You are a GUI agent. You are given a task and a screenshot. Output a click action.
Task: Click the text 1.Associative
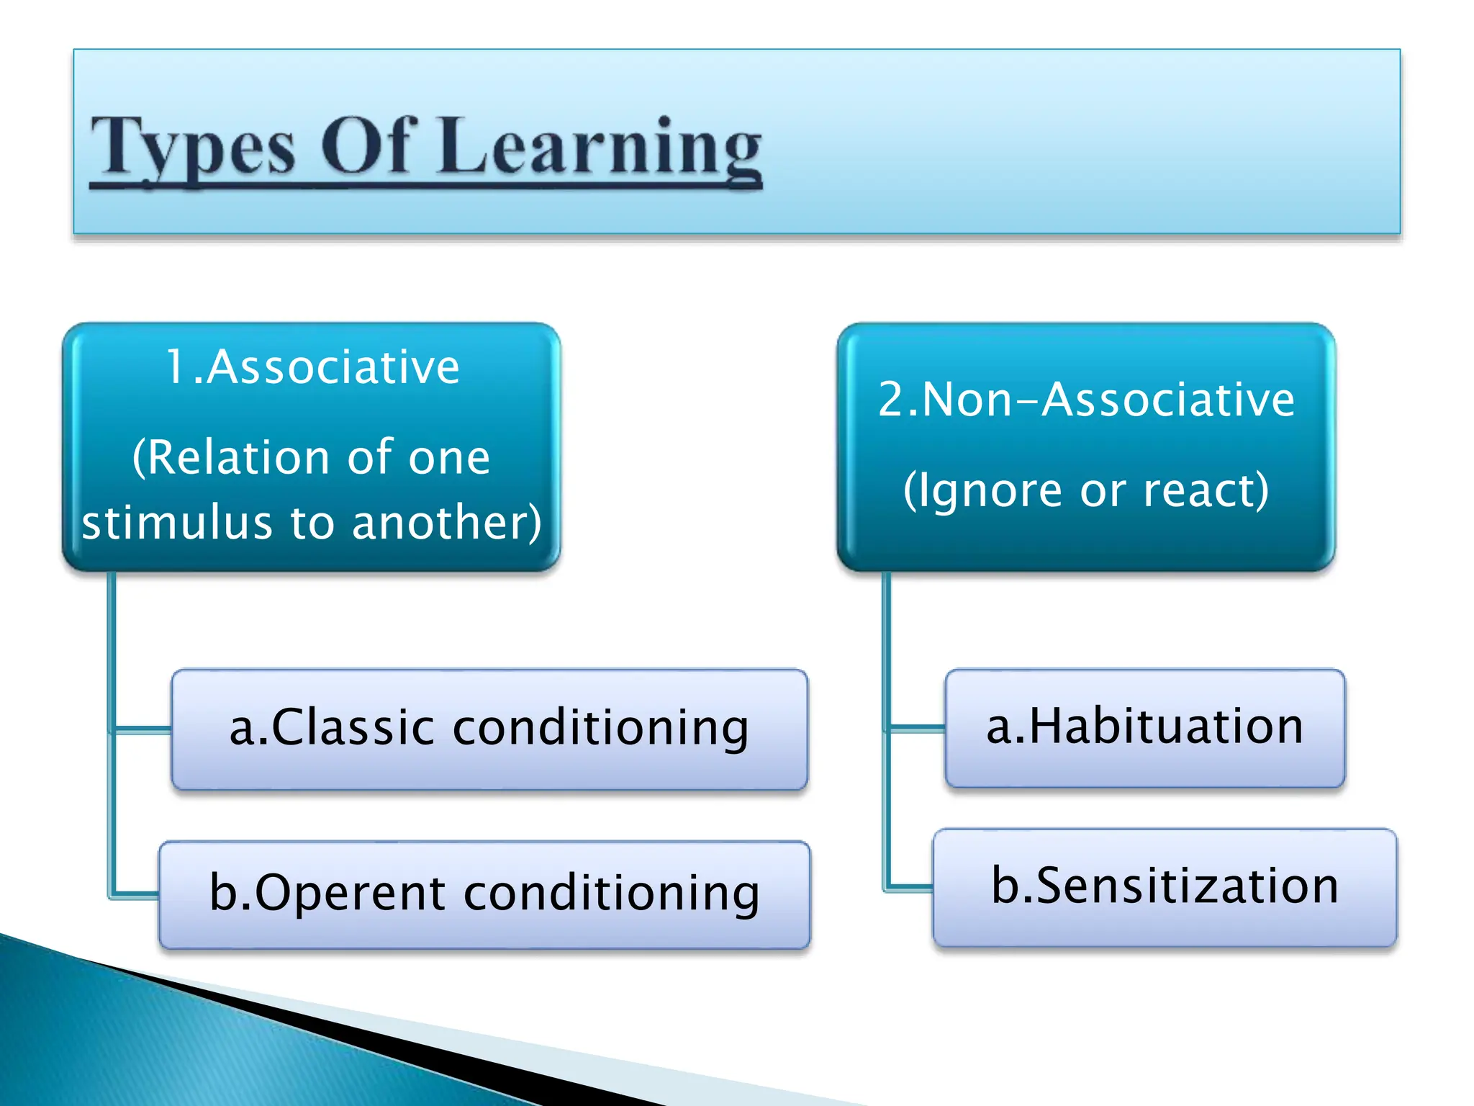(x=312, y=367)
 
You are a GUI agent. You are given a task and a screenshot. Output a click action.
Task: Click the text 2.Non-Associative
(x=1086, y=400)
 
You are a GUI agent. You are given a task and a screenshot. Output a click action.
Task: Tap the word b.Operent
(x=327, y=893)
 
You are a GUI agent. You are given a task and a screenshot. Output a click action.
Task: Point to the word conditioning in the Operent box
(x=612, y=893)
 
